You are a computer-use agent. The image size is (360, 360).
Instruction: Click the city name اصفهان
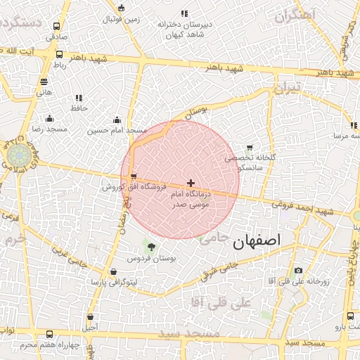coord(256,240)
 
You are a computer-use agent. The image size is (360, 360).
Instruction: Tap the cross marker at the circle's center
coord(191,183)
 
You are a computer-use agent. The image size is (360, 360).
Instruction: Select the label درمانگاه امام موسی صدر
coord(191,199)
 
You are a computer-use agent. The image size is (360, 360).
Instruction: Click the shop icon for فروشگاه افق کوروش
coord(134,176)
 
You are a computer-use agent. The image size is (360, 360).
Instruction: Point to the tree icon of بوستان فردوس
coord(150,246)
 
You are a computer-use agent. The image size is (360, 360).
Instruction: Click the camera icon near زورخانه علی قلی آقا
coord(298,271)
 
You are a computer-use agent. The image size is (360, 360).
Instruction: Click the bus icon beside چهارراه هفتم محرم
coord(49,335)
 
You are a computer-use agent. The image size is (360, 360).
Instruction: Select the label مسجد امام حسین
coord(117,130)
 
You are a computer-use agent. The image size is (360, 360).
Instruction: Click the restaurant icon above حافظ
coord(78,98)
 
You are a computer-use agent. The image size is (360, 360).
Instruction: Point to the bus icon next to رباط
coord(58,54)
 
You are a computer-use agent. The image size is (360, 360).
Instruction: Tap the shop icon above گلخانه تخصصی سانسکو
coord(249,148)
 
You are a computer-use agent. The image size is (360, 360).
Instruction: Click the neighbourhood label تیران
coord(287,89)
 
